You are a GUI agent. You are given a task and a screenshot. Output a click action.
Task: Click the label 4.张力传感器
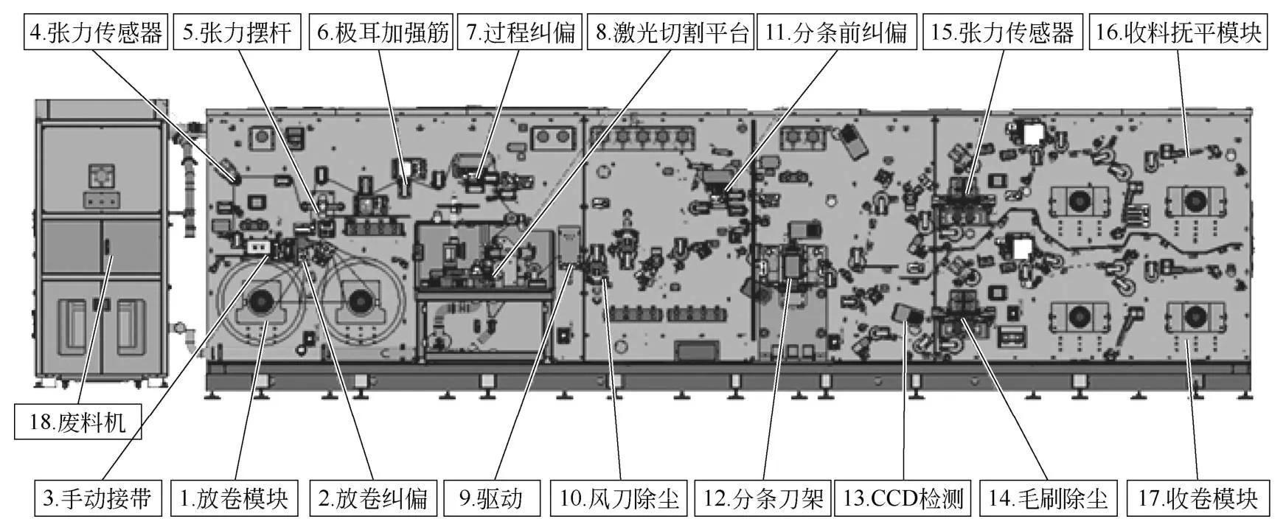point(95,33)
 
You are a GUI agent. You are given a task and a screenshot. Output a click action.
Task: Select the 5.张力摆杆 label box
point(237,33)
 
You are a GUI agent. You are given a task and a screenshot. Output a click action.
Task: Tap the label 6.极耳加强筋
point(380,33)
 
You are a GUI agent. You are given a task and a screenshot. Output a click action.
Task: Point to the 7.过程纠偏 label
point(520,33)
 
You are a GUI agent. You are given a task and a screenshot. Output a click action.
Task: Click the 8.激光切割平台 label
point(670,33)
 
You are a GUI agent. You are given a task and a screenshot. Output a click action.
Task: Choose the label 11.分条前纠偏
point(836,33)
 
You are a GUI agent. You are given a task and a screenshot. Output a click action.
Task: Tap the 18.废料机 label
point(77,422)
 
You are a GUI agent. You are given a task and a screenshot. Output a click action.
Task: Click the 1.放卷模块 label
point(234,498)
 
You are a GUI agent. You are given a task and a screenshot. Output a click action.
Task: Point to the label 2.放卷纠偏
point(373,498)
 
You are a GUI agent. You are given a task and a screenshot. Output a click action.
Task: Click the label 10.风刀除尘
point(619,498)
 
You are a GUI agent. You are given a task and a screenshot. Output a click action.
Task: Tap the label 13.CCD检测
point(903,498)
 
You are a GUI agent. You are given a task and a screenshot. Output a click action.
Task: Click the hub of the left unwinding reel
point(260,300)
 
